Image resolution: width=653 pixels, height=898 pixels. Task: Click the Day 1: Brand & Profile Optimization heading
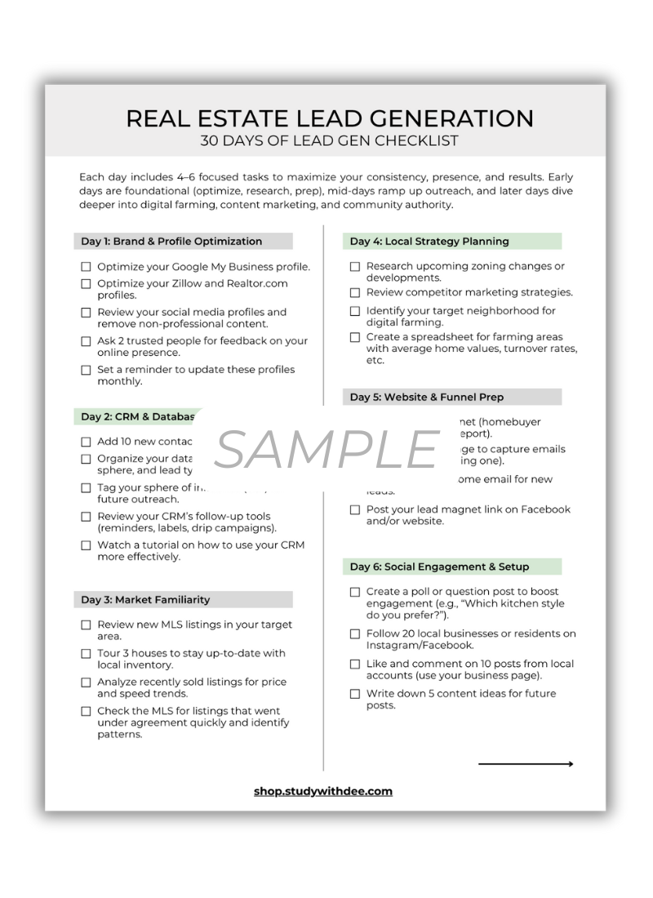point(171,242)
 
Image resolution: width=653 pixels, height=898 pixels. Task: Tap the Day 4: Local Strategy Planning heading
point(429,242)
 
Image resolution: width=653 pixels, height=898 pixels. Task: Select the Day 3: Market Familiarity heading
point(145,600)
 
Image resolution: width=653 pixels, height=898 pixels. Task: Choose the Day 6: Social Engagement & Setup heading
point(439,567)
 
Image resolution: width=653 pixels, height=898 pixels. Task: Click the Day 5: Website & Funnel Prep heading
point(427,398)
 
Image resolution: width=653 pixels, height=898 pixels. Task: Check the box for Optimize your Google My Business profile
point(86,267)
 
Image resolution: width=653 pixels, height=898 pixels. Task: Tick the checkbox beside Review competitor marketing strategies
point(355,293)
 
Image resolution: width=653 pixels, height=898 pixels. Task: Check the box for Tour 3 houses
point(86,654)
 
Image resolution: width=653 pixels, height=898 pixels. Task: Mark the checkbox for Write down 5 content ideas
point(355,694)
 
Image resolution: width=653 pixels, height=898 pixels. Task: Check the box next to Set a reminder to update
point(86,370)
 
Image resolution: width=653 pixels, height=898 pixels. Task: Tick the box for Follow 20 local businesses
point(355,634)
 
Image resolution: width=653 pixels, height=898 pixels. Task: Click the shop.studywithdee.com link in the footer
point(323,791)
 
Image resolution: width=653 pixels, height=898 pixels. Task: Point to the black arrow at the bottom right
point(526,764)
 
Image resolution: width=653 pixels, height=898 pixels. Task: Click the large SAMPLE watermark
point(326,450)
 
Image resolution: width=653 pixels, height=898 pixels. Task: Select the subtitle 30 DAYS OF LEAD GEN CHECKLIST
point(330,140)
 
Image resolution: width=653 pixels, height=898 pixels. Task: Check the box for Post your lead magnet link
point(355,510)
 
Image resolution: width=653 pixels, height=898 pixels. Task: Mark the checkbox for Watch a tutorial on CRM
point(86,545)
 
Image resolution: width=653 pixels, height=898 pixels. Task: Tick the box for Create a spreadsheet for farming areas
point(355,337)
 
